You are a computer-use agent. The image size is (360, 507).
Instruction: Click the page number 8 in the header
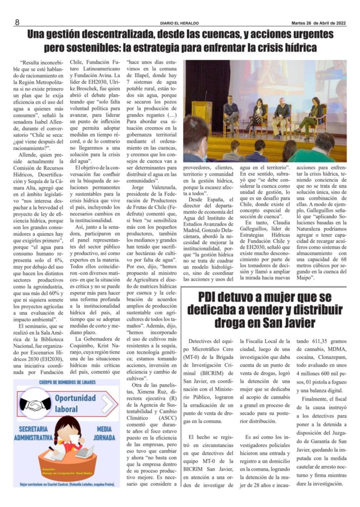(17, 22)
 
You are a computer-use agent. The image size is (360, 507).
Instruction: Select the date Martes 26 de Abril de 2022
(318, 23)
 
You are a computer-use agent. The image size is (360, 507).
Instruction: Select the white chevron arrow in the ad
(106, 404)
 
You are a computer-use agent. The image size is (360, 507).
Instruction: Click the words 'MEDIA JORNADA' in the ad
(104, 434)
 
